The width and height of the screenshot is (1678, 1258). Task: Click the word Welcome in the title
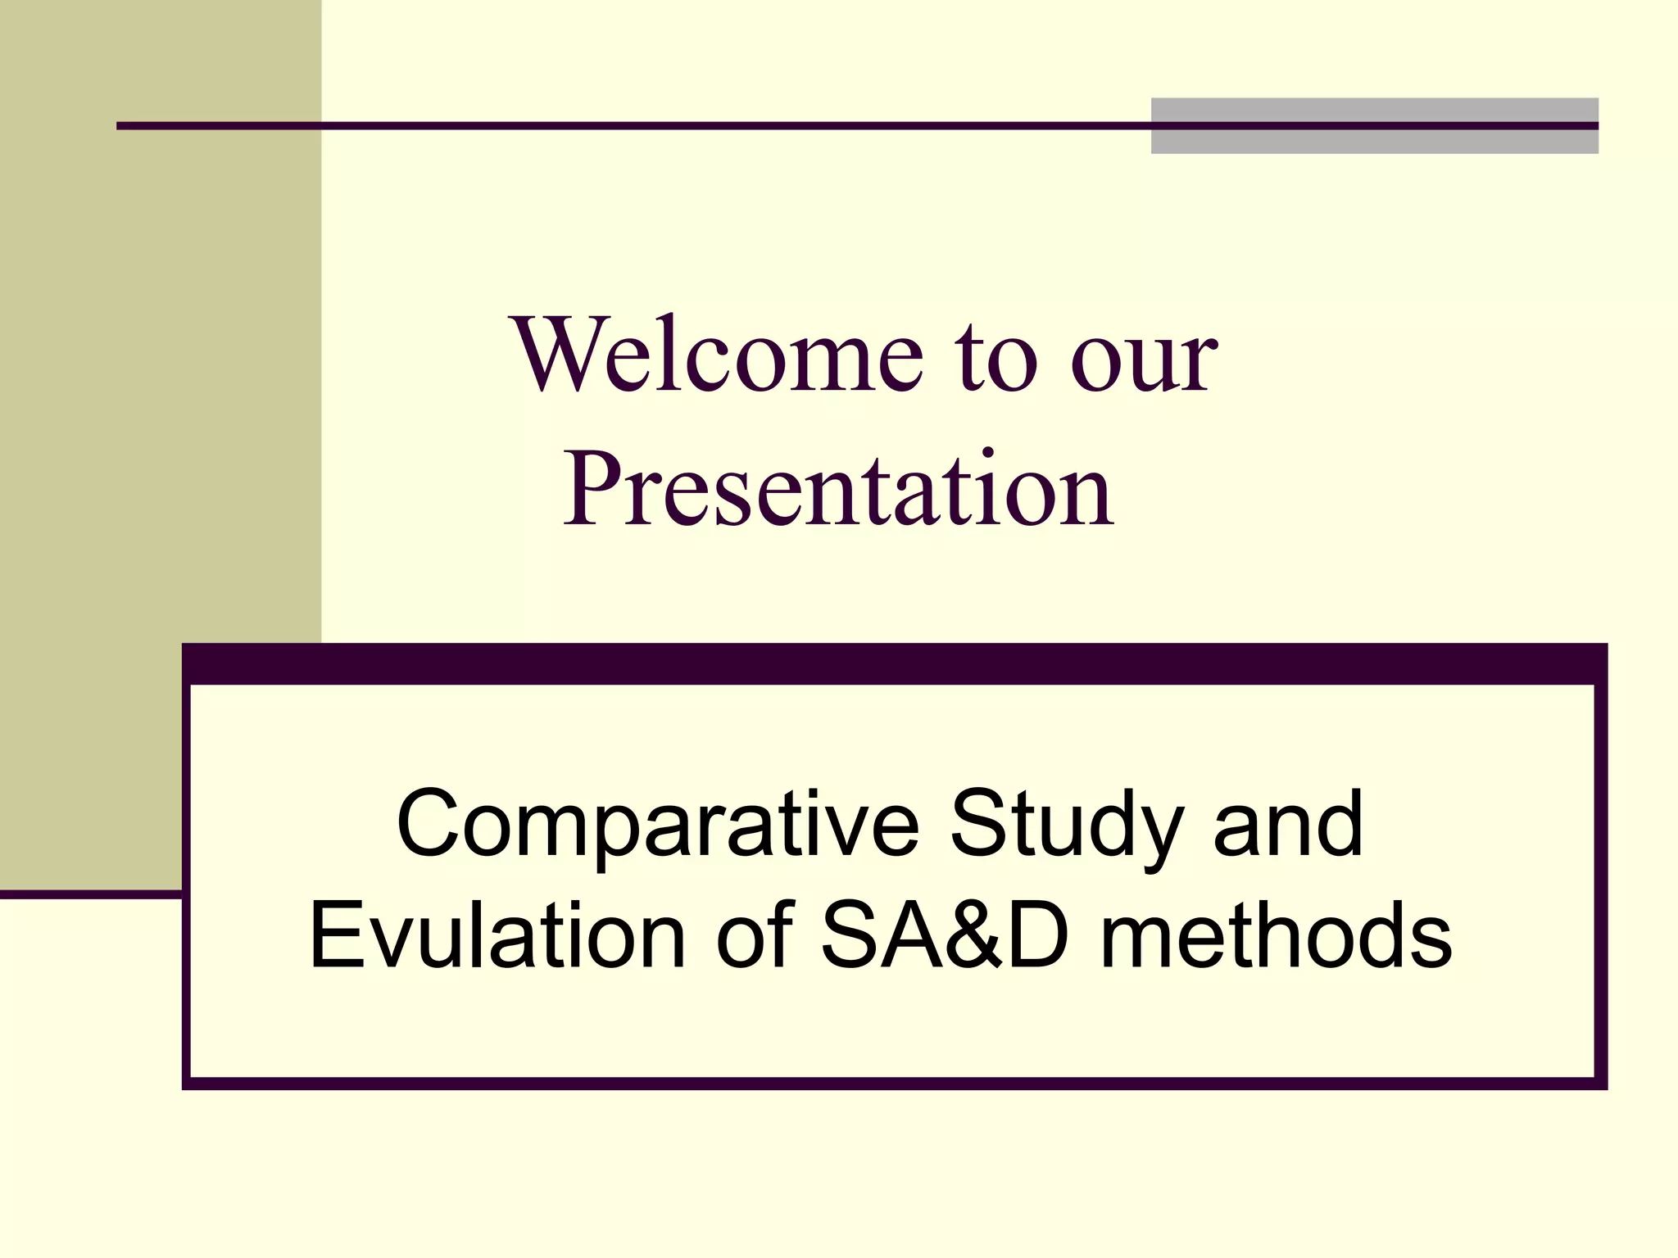[718, 354]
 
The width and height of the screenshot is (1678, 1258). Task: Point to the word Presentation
[837, 490]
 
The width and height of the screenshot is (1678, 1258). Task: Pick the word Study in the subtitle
[1066, 826]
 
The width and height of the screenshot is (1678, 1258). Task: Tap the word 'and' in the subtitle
[1288, 824]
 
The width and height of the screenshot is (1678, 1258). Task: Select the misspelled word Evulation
[497, 935]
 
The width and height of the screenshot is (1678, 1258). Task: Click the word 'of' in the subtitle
[753, 935]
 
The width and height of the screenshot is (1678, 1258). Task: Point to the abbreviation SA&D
[946, 935]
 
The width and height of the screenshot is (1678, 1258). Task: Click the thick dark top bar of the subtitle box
[893, 663]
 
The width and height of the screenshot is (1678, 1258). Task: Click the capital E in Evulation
[333, 935]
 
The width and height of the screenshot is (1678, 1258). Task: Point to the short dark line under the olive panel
[90, 894]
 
